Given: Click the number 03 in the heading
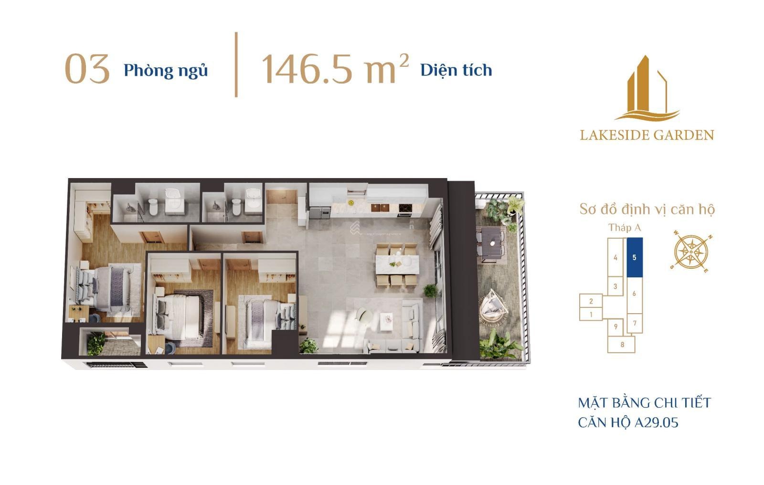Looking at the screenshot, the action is (87, 69).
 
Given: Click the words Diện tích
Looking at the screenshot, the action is (456, 70).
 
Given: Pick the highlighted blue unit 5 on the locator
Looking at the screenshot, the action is (635, 257).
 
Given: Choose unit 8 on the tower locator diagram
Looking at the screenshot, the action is (622, 345).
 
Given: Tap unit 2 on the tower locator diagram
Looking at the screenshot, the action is (591, 301).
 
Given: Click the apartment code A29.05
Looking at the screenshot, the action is (656, 423).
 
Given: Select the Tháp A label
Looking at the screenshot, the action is (625, 228).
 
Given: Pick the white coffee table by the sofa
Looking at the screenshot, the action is (386, 321).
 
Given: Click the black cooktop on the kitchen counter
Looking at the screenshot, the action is (404, 208).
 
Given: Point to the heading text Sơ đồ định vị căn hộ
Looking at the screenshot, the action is (647, 209).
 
